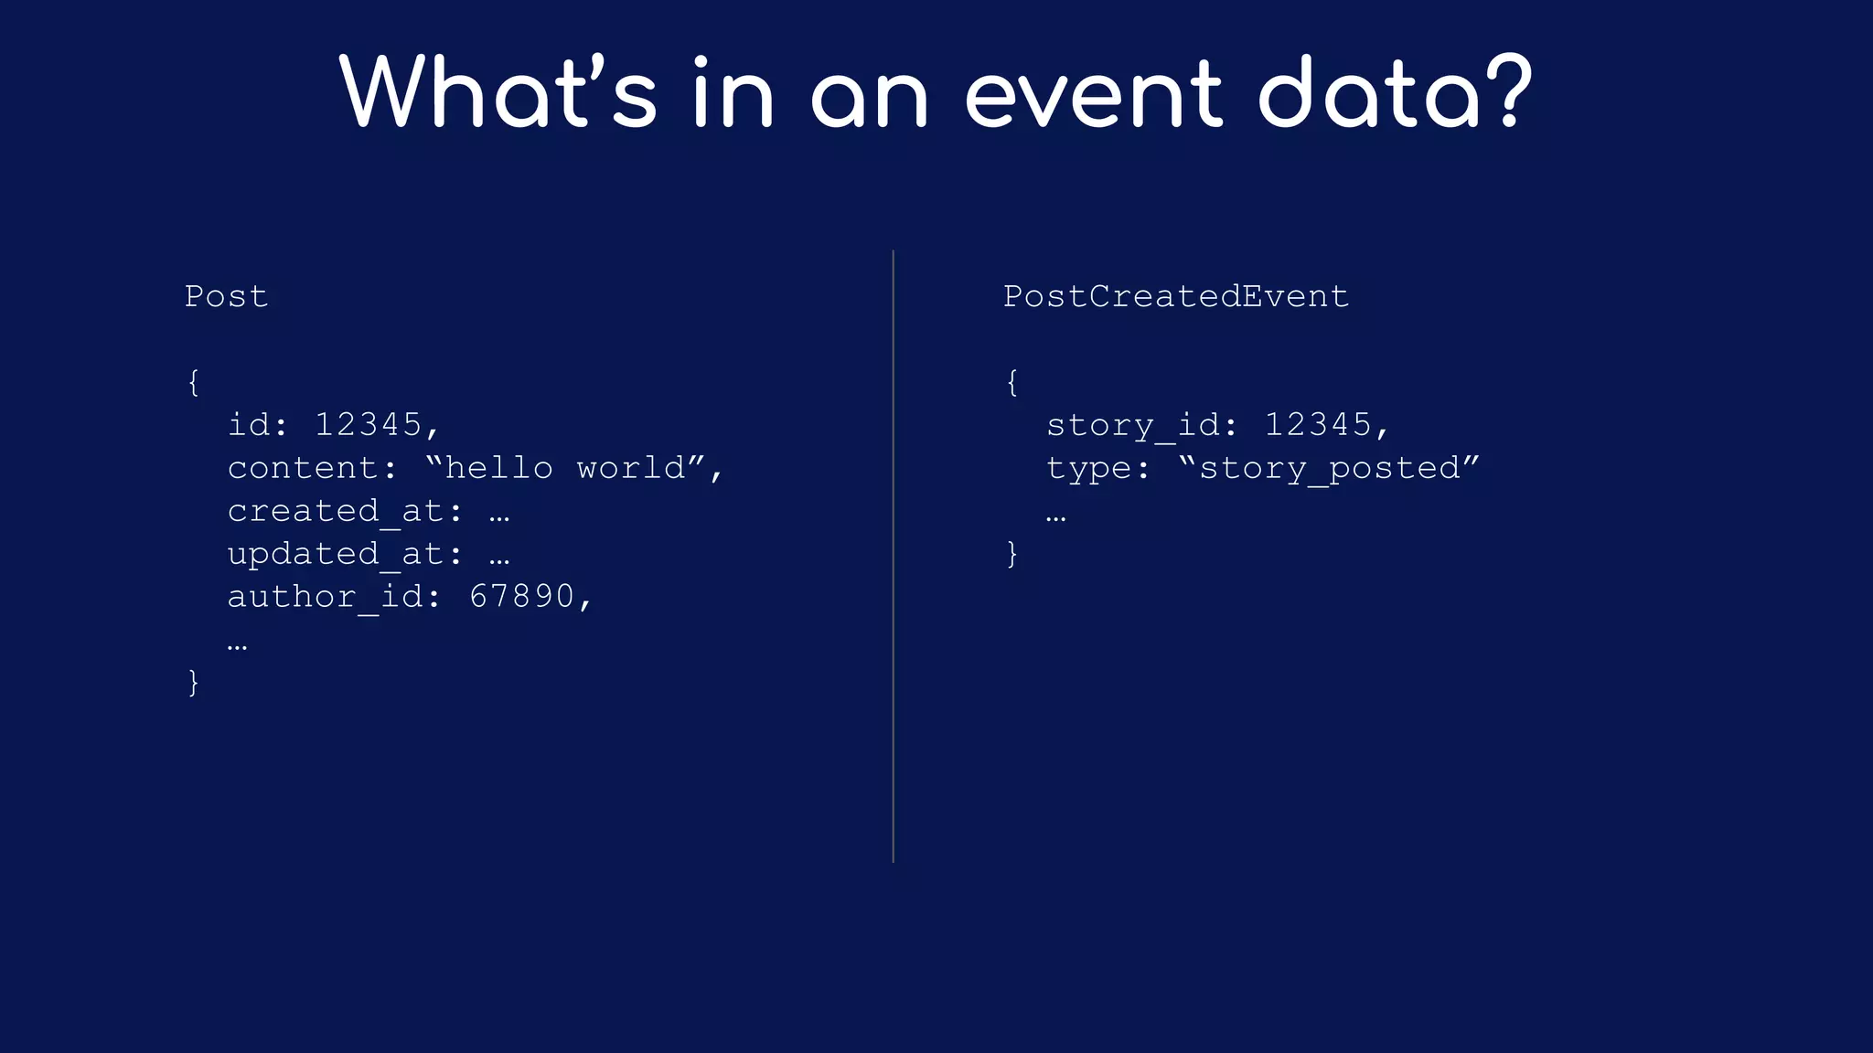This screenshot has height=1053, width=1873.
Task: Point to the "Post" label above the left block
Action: click(x=226, y=296)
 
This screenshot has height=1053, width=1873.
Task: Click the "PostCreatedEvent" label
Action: click(x=1176, y=296)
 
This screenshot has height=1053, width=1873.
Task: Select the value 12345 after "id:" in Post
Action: click(x=368, y=424)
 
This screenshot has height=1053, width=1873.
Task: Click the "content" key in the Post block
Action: click(x=303, y=468)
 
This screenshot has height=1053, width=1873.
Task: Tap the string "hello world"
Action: click(x=565, y=467)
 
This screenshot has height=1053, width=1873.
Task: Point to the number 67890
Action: click(x=521, y=596)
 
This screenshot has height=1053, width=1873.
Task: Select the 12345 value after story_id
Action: click(x=1318, y=424)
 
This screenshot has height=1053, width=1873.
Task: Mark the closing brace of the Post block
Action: click(x=193, y=682)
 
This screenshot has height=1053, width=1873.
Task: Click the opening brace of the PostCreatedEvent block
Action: click(x=1011, y=382)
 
